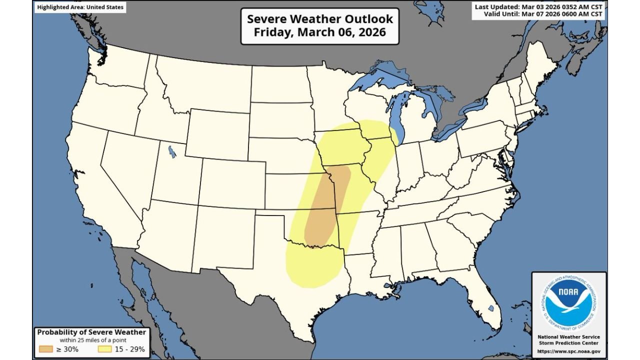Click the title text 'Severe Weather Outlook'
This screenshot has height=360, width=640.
(x=320, y=19)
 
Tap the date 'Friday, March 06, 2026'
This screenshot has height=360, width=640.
(x=320, y=32)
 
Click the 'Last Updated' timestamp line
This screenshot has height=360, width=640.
(x=538, y=6)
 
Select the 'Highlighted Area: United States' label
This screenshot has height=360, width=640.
(x=80, y=7)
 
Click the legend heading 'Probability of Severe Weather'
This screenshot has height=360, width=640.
(x=91, y=332)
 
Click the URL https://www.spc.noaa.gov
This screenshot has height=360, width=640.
(x=568, y=351)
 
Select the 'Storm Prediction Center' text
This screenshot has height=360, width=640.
(x=568, y=343)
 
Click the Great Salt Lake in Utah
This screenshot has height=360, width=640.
(x=172, y=151)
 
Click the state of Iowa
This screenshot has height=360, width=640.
(x=342, y=147)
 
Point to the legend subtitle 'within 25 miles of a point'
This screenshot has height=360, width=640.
(x=91, y=340)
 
